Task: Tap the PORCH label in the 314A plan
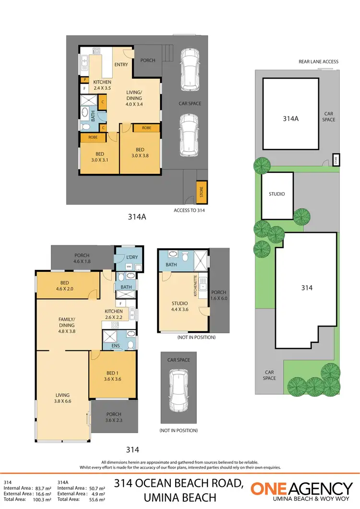pos(147,61)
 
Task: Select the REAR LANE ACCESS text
pos(318,61)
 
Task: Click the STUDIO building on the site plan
pos(276,194)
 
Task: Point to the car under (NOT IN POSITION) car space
pos(178,389)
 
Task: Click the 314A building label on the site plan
pos(290,118)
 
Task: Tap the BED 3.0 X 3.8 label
pos(140,153)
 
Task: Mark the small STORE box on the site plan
pos(336,159)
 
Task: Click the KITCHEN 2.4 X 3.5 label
pos(102,85)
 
